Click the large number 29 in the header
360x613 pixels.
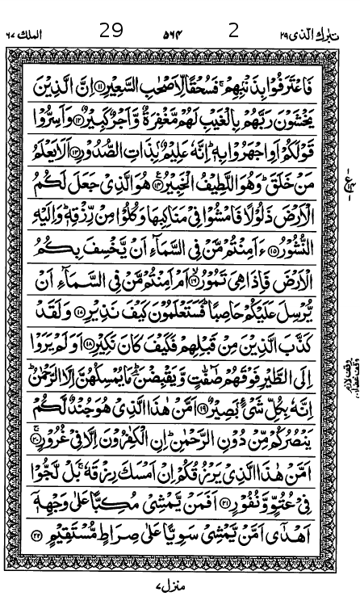coord(111,31)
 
